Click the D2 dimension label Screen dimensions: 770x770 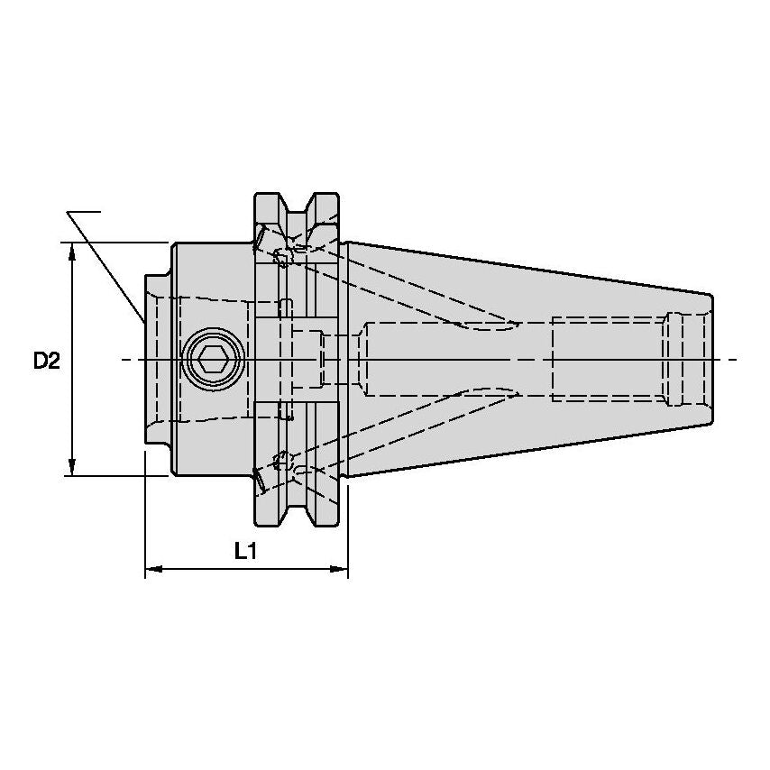click(47, 362)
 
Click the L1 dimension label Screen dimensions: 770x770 click(246, 552)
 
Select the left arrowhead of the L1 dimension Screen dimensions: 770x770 click(154, 569)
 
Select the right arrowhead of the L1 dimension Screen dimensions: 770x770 click(339, 569)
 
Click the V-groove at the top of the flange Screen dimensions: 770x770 click(297, 206)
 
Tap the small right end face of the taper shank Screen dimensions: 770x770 click(712, 360)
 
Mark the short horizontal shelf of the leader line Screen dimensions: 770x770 click(84, 212)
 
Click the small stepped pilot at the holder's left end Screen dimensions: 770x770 click(158, 360)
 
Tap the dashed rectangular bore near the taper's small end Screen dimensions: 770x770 click(608, 360)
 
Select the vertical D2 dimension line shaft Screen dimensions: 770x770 click(72, 359)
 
